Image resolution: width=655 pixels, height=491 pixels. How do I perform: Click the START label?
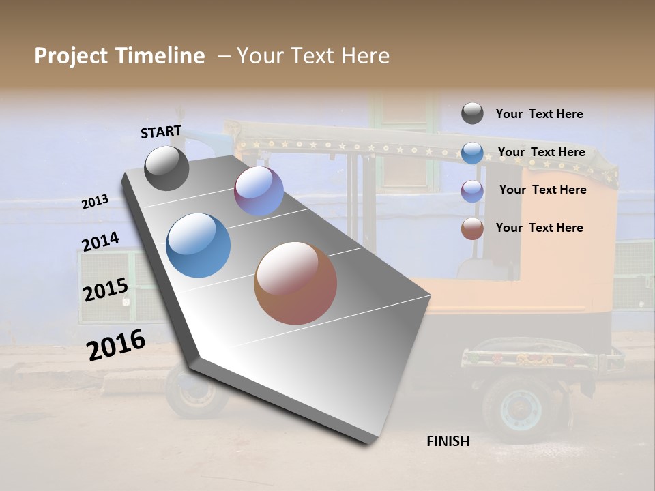pyautogui.click(x=161, y=132)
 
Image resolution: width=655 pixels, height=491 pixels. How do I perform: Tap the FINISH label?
pyautogui.click(x=448, y=441)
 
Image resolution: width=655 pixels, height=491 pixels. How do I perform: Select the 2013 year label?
pyautogui.click(x=95, y=202)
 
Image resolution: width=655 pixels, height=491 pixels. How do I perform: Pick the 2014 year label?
pyautogui.click(x=100, y=241)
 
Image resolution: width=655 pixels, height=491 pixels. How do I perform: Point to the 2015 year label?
pyautogui.click(x=106, y=290)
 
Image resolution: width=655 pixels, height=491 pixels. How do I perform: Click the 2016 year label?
pyautogui.click(x=116, y=344)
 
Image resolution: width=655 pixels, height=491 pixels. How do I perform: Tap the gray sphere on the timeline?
pyautogui.click(x=166, y=168)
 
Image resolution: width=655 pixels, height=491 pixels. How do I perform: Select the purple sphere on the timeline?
pyautogui.click(x=259, y=191)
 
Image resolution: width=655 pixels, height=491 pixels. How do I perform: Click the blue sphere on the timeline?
pyautogui.click(x=198, y=245)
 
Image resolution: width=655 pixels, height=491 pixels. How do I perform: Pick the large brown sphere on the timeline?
pyautogui.click(x=295, y=283)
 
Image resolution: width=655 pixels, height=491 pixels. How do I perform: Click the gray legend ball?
pyautogui.click(x=472, y=113)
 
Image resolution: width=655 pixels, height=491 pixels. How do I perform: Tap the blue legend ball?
pyautogui.click(x=472, y=153)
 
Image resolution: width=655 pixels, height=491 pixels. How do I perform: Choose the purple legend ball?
pyautogui.click(x=472, y=190)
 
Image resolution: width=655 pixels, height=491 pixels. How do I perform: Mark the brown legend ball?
pyautogui.click(x=472, y=228)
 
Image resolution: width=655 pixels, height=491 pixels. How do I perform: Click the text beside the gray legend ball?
pyautogui.click(x=539, y=114)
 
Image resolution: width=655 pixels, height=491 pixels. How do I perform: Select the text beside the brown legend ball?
pyautogui.click(x=539, y=228)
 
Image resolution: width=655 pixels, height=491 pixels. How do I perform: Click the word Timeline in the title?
pyautogui.click(x=160, y=56)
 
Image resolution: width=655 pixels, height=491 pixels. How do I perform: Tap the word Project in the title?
pyautogui.click(x=72, y=56)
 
